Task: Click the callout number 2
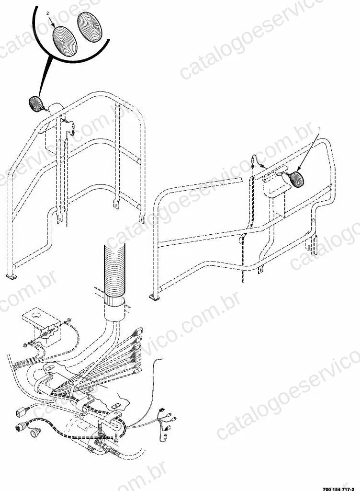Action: click(x=47, y=13)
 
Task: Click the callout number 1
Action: click(x=319, y=128)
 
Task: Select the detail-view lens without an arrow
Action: click(x=90, y=27)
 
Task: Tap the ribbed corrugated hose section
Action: click(x=114, y=270)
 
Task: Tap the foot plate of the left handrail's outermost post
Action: click(x=11, y=276)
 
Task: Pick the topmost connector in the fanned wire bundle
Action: click(x=138, y=330)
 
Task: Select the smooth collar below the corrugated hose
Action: click(x=114, y=308)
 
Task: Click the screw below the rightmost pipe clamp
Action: click(x=115, y=437)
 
